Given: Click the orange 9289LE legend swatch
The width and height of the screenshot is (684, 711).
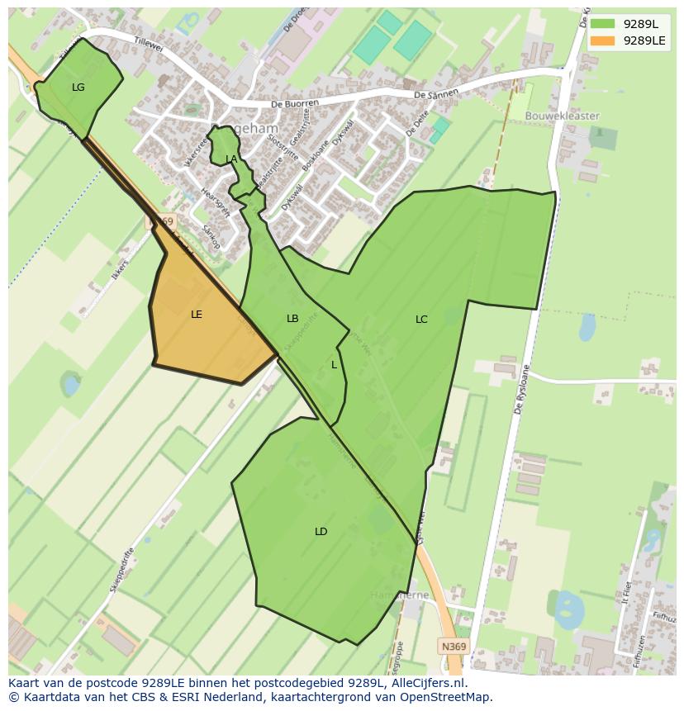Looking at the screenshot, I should (603, 40).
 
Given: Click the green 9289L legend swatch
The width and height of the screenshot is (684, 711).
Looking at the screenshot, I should (603, 24).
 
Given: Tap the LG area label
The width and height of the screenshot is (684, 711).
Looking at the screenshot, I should (78, 87).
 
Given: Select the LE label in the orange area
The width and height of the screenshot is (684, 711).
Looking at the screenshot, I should (197, 314).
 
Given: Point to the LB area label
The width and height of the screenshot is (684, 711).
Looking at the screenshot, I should (292, 318).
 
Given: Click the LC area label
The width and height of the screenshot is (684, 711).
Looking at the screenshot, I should (421, 319).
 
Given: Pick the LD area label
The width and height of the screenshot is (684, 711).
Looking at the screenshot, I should (321, 531).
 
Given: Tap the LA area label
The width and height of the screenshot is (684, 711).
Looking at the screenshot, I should (231, 159).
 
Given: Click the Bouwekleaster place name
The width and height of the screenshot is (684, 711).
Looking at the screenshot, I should (563, 116).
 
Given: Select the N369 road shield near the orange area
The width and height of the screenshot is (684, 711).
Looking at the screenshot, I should (163, 221).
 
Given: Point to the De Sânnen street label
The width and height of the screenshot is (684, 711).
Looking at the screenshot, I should (435, 95).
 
